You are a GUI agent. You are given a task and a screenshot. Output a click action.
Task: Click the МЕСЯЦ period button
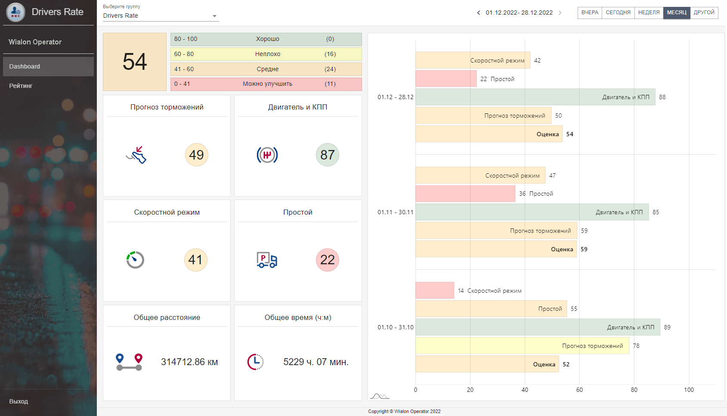[x=677, y=13]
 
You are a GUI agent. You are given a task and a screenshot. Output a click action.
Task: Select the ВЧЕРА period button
[x=590, y=13]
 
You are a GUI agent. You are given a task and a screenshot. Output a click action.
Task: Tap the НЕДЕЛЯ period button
[x=649, y=13]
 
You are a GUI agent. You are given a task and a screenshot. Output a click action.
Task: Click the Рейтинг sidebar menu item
[x=21, y=86]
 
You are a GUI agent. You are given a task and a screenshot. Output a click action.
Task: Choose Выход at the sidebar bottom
[x=19, y=401]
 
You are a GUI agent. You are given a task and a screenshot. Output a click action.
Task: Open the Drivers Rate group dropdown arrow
[x=214, y=16]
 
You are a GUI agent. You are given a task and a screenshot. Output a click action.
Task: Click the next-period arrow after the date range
[x=560, y=13]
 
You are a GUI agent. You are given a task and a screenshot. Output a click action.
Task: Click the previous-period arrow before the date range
[x=479, y=13]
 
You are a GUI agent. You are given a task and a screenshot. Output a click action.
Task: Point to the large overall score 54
[x=135, y=62]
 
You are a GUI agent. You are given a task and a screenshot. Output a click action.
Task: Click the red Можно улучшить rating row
[x=266, y=84]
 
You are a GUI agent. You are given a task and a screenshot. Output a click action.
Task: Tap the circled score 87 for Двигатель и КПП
[x=328, y=155]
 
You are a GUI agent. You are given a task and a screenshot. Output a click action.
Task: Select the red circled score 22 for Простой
[x=328, y=260]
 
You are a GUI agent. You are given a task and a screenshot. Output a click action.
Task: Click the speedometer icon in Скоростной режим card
[x=135, y=260]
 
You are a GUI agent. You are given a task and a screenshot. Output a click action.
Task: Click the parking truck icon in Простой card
[x=267, y=260]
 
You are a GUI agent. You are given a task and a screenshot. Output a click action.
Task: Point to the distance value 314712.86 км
[x=189, y=362]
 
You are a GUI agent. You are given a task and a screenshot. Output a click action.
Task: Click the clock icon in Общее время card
[x=256, y=362]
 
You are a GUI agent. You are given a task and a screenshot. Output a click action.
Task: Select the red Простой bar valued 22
[x=446, y=79]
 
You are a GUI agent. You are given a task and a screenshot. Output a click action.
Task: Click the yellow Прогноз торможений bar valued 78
[x=522, y=346]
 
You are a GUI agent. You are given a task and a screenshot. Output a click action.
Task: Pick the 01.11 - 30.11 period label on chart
[x=395, y=212]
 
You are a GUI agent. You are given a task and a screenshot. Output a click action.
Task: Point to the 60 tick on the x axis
[x=579, y=390]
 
